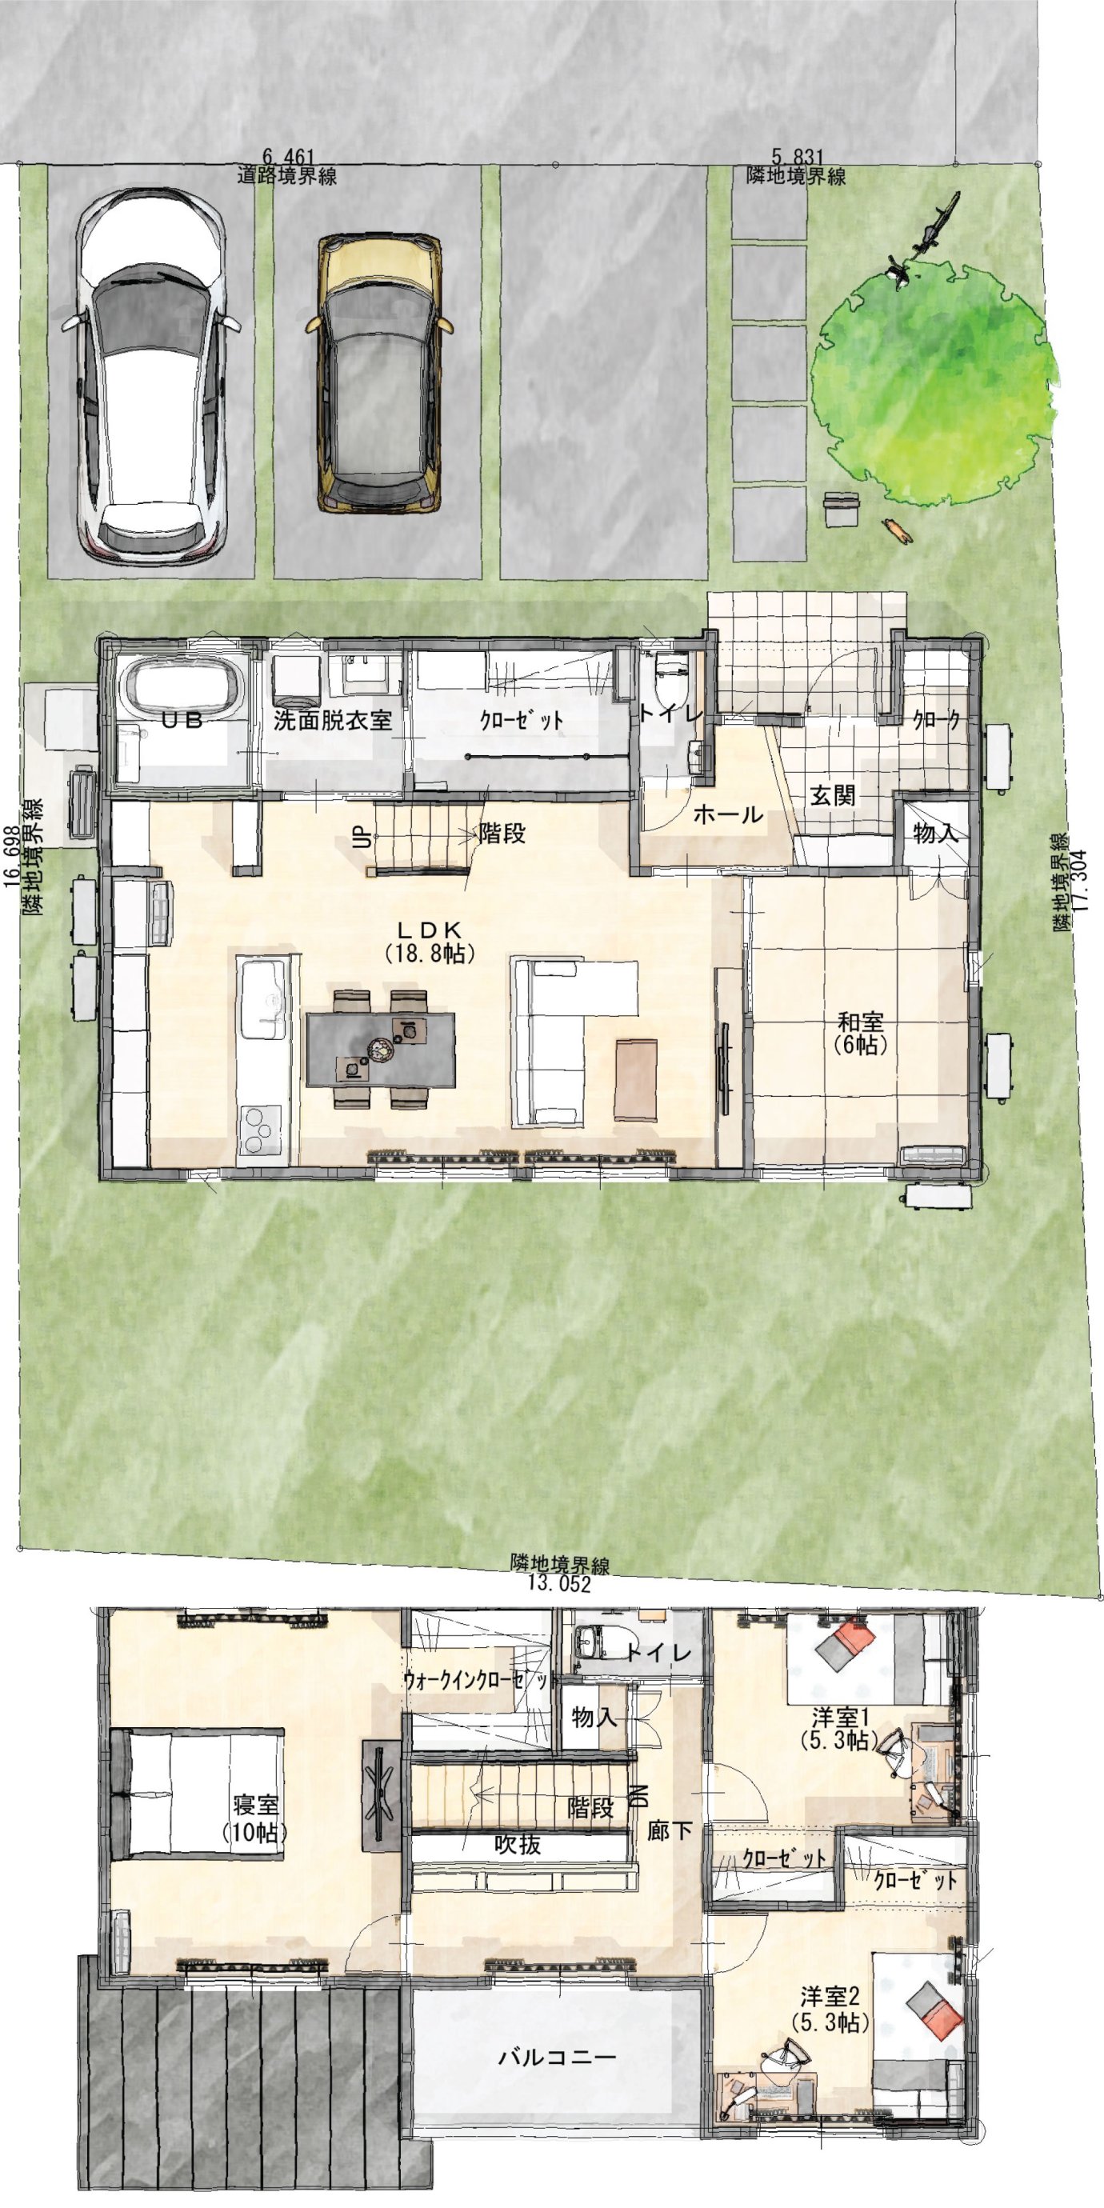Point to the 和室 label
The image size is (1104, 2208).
[x=861, y=1022]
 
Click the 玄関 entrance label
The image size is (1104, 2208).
[x=832, y=794]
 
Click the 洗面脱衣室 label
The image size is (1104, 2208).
[x=333, y=720]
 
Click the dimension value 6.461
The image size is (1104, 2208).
[x=289, y=157]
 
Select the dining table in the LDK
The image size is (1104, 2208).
[x=381, y=1048]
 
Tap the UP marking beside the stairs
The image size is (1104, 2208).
[x=360, y=838]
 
